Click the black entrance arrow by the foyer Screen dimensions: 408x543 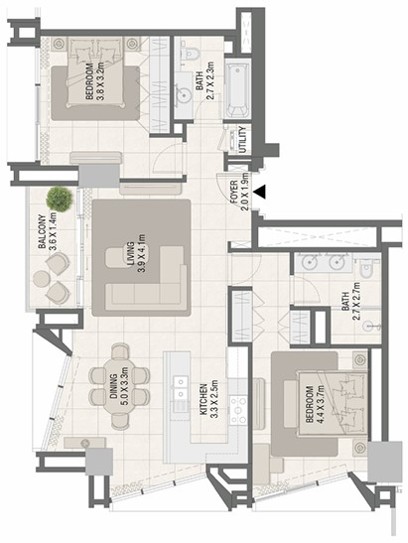click(x=259, y=192)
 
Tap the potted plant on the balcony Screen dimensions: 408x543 click(x=60, y=200)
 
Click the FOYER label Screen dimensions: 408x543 click(x=234, y=192)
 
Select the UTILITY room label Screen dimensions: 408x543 click(x=242, y=140)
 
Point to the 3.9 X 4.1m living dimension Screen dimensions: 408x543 click(x=141, y=253)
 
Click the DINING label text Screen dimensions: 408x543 click(x=113, y=386)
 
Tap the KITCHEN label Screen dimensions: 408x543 click(x=204, y=399)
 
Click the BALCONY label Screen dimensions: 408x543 click(x=43, y=232)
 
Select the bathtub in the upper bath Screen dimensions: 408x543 click(x=237, y=90)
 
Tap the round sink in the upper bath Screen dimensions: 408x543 click(x=184, y=94)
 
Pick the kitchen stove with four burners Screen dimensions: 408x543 click(x=239, y=411)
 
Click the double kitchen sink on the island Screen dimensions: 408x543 click(x=180, y=387)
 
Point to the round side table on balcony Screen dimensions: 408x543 click(x=42, y=279)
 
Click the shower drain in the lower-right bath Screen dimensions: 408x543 click(x=369, y=326)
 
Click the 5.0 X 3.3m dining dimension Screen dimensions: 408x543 click(x=125, y=386)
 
